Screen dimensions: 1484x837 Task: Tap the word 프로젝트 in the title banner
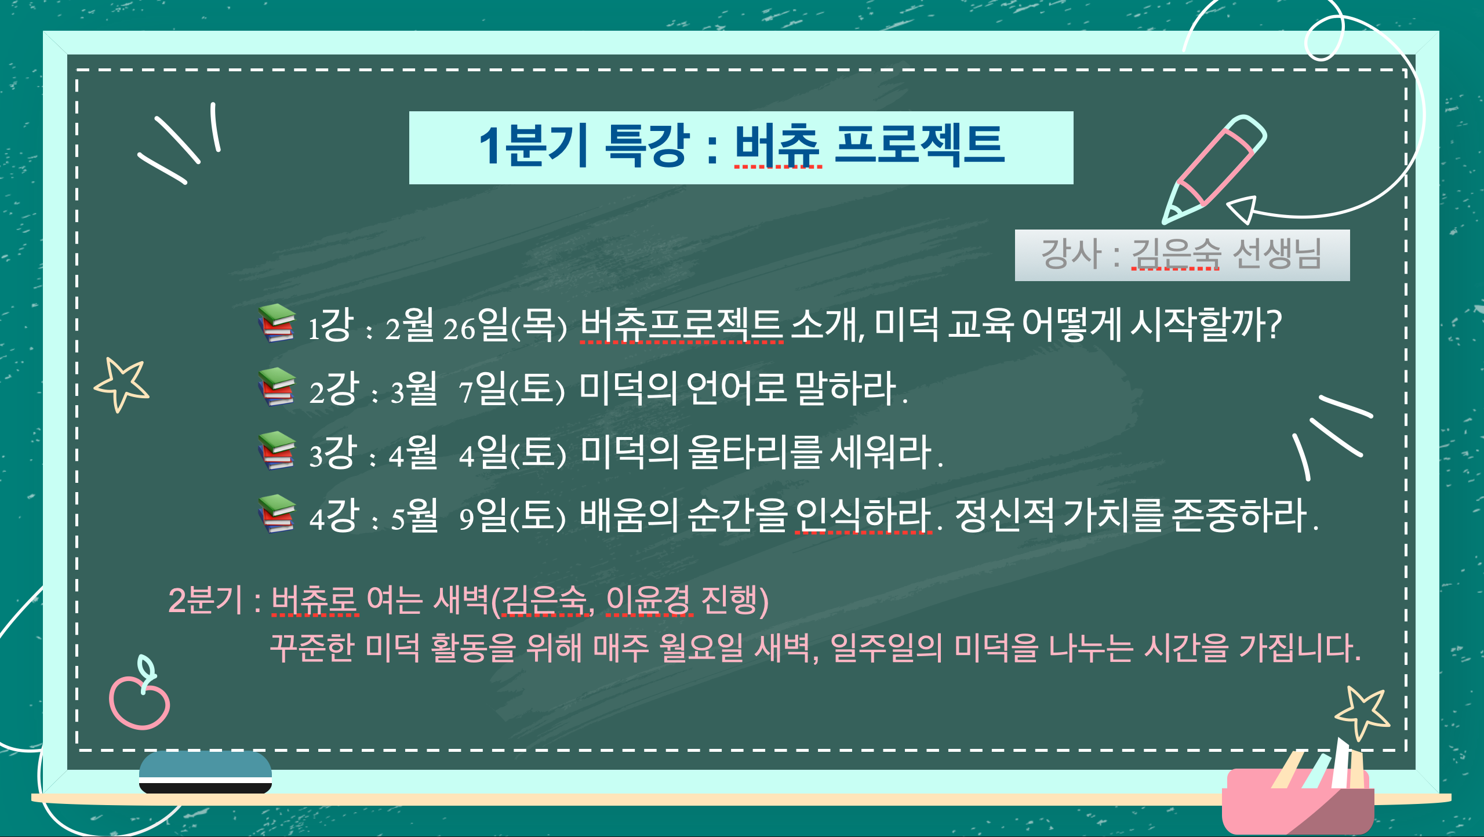pyautogui.click(x=919, y=145)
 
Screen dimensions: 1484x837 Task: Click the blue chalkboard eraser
pyautogui.click(x=205, y=772)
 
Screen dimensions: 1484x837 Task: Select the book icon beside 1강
pyautogui.click(x=277, y=323)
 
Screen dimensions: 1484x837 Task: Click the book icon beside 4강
pyautogui.click(x=277, y=514)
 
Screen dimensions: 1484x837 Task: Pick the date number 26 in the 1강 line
pyautogui.click(x=459, y=329)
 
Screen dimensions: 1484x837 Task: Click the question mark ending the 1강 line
pyautogui.click(x=1274, y=325)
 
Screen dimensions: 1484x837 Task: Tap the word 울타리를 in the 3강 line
pyautogui.click(x=755, y=452)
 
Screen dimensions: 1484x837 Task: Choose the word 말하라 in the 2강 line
pyautogui.click(x=846, y=388)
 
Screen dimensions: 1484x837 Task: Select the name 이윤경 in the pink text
pyautogui.click(x=649, y=600)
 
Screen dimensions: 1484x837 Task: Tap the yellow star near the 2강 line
pyautogui.click(x=122, y=384)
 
